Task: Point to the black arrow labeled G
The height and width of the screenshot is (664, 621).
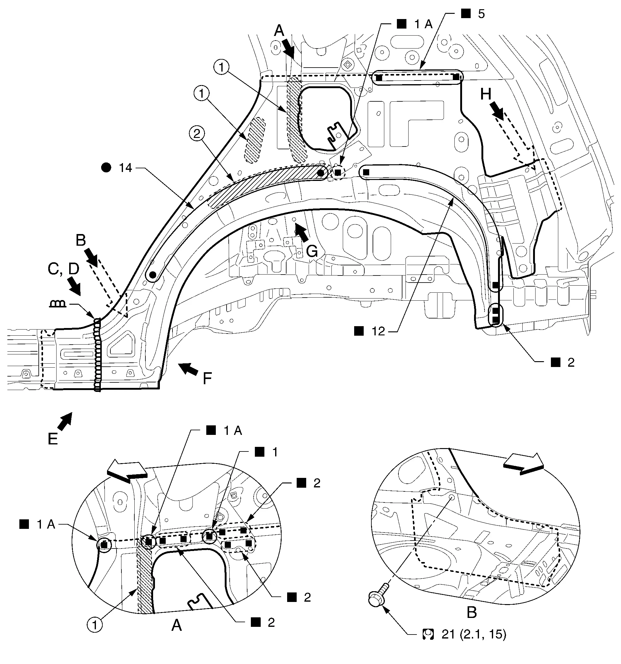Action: (x=302, y=232)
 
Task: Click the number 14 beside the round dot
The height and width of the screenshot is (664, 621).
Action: (x=125, y=168)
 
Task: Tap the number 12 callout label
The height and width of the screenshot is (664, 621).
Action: (x=378, y=331)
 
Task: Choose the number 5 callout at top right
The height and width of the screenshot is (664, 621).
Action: (x=481, y=14)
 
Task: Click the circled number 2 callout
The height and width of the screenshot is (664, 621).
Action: (x=197, y=134)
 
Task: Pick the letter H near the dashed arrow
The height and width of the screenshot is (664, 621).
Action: (x=485, y=95)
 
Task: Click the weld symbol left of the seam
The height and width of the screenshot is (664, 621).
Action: (x=58, y=304)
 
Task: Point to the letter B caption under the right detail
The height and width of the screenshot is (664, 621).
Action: (x=472, y=612)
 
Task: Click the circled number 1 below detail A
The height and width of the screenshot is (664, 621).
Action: (x=95, y=625)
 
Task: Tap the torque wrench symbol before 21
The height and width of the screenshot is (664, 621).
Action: (x=428, y=634)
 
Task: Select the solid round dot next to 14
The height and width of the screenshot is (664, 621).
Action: (x=106, y=168)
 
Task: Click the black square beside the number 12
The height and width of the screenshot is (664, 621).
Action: (x=358, y=331)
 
